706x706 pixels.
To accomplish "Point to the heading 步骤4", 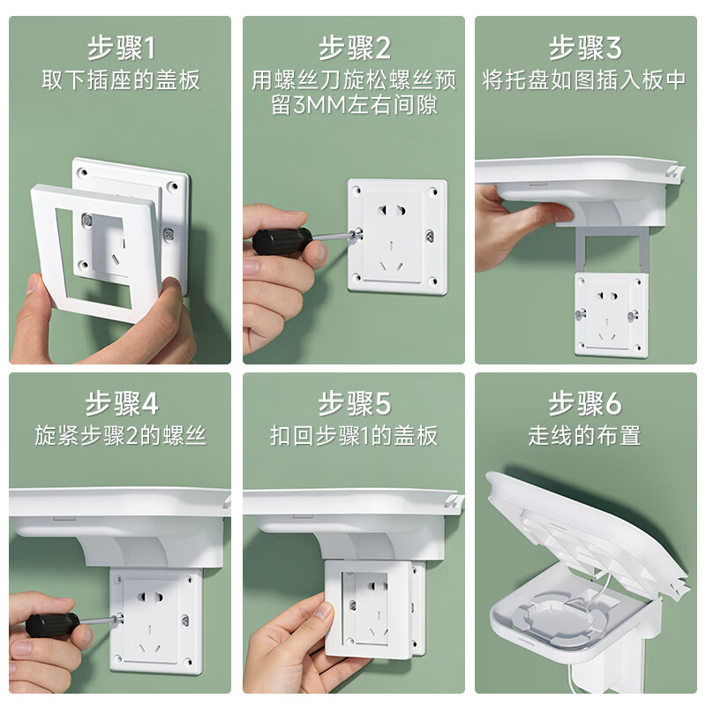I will tap(121, 404).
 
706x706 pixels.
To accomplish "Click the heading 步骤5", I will tap(354, 404).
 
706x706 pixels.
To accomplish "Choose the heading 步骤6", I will tap(585, 404).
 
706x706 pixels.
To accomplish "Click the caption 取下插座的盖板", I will tap(121, 81).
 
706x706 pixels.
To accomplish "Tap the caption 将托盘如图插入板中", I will tap(585, 81).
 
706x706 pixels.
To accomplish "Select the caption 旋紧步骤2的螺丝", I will tap(121, 436).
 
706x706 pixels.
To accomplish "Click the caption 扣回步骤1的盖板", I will tap(354, 436).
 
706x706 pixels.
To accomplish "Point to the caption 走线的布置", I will tap(585, 436).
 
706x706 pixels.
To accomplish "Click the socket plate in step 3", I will tap(611, 313).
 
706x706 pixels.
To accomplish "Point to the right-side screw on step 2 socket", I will tap(430, 236).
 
